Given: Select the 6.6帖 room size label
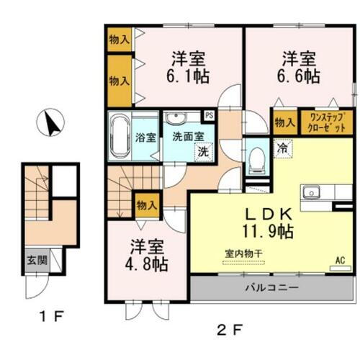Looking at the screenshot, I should point(300,75).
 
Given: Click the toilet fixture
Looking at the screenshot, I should point(255,160).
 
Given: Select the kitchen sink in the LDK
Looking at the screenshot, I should point(312,192).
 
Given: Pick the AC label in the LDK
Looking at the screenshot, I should point(340,261).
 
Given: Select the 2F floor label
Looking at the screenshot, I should point(230,330).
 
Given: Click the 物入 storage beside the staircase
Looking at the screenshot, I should point(147,206).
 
